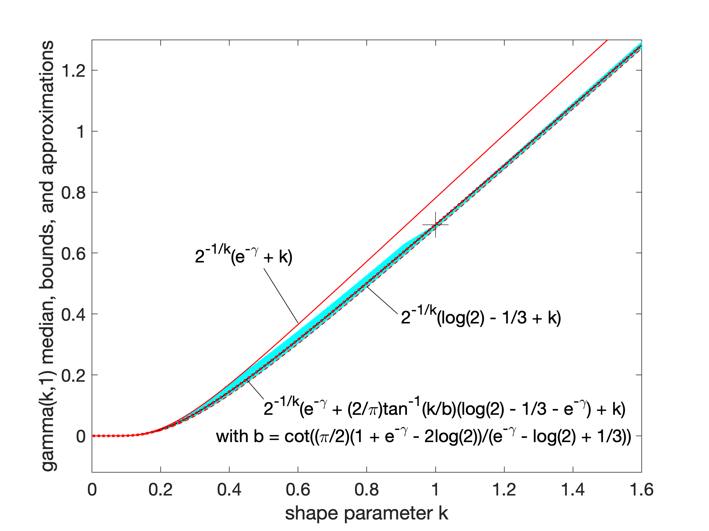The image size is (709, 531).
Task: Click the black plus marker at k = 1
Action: tap(435, 225)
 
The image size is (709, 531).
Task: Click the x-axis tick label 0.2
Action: tap(160, 490)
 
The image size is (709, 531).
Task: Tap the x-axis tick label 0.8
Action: tap(367, 490)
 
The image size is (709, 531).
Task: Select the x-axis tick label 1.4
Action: tap(573, 490)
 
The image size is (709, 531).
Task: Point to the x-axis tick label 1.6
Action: tap(641, 490)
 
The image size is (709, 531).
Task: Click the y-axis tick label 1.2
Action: tap(74, 70)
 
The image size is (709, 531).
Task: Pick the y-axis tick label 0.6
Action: tap(74, 253)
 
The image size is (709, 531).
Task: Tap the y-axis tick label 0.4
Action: tap(74, 315)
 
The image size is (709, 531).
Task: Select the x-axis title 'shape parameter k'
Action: tap(367, 513)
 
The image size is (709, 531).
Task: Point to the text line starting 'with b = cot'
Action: tap(423, 437)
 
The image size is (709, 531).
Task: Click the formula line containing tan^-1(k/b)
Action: tap(444, 408)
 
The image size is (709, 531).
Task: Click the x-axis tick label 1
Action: tap(435, 490)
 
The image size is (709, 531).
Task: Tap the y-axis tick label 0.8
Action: tap(74, 193)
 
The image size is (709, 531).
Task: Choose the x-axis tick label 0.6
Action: tap(298, 490)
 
